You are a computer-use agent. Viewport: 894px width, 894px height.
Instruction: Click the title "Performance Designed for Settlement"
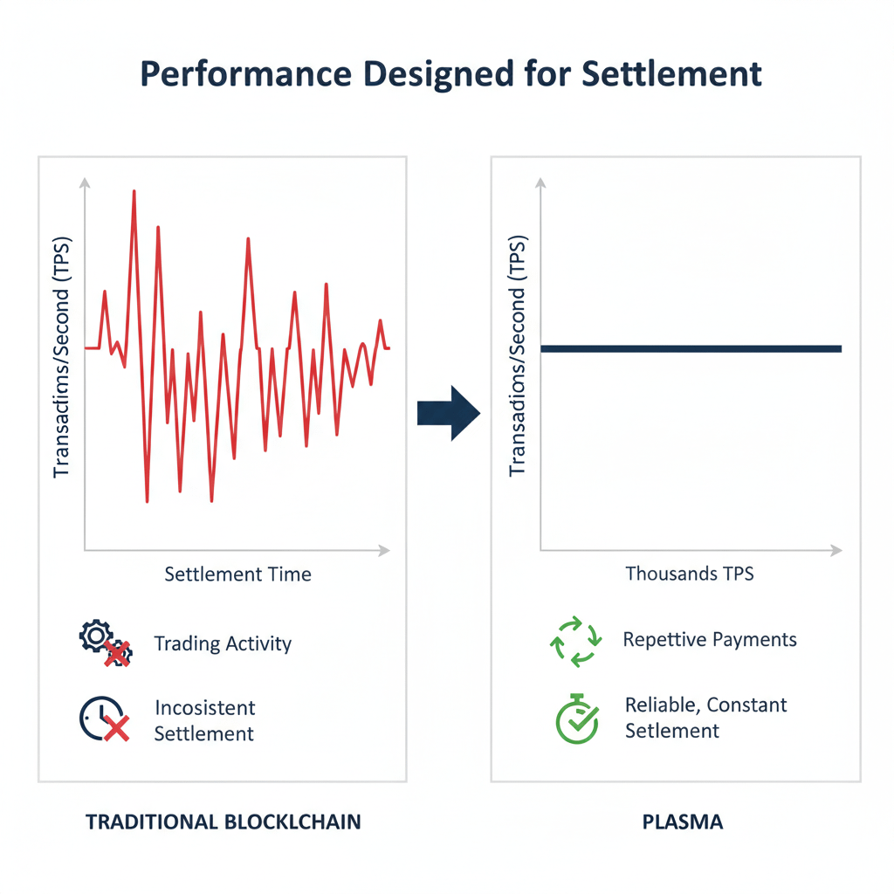pyautogui.click(x=450, y=75)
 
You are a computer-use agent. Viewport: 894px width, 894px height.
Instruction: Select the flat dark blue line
pyautogui.click(x=690, y=348)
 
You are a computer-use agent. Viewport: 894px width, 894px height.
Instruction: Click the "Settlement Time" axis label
pyautogui.click(x=237, y=574)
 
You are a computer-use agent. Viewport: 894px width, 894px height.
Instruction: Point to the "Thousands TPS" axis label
pyautogui.click(x=690, y=574)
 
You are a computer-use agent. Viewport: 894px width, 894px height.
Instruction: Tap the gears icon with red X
pyautogui.click(x=104, y=644)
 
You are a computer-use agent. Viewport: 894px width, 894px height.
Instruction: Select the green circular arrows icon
pyautogui.click(x=574, y=642)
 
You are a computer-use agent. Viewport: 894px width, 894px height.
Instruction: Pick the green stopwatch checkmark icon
pyautogui.click(x=577, y=719)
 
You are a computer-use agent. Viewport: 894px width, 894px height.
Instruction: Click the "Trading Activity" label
pyautogui.click(x=223, y=644)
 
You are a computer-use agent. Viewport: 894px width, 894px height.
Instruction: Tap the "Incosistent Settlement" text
pyautogui.click(x=204, y=720)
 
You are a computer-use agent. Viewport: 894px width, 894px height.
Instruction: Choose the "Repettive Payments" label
pyautogui.click(x=710, y=640)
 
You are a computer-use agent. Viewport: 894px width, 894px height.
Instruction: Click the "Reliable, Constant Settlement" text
pyautogui.click(x=705, y=718)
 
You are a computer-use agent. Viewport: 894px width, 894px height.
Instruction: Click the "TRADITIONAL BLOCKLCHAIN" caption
pyautogui.click(x=223, y=822)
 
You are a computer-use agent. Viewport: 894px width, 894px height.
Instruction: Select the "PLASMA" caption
pyautogui.click(x=684, y=822)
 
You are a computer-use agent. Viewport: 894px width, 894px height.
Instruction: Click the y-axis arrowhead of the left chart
pyautogui.click(x=85, y=182)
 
